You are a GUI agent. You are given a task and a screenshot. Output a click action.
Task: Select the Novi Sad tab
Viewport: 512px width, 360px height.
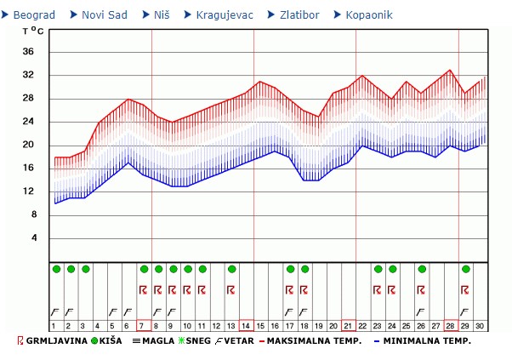pos(105,15)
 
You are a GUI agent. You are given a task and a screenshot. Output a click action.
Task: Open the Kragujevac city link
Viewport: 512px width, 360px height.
pos(223,15)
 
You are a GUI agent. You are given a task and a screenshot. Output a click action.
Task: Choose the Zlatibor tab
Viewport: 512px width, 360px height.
pos(299,15)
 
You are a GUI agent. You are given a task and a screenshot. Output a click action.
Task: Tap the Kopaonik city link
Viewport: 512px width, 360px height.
pos(369,15)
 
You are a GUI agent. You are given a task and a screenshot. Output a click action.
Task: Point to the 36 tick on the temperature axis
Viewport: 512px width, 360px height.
pos(28,52)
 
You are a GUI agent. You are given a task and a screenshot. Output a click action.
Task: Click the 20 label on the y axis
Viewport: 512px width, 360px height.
pos(28,145)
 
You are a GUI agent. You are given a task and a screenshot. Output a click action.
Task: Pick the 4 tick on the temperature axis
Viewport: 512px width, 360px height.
pos(33,237)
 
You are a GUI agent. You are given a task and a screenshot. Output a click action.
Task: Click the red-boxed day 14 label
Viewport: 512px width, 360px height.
pos(246,325)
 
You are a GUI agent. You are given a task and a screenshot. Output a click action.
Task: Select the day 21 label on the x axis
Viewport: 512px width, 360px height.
pos(348,325)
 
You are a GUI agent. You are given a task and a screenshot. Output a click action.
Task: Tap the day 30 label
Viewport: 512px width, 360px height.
pos(480,325)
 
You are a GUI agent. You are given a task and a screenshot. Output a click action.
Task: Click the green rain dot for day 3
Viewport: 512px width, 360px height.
pos(86,269)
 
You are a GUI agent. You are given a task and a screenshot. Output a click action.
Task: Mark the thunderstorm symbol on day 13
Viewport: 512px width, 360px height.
pos(231,289)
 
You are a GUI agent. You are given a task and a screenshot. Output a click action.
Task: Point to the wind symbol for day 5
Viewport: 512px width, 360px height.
pos(114,311)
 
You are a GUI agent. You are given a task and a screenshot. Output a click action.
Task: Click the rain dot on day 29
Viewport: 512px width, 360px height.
pos(465,269)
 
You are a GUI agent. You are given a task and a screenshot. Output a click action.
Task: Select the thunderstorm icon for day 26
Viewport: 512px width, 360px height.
pos(421,289)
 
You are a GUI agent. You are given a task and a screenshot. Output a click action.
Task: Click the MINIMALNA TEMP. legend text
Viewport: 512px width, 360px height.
pos(427,341)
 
